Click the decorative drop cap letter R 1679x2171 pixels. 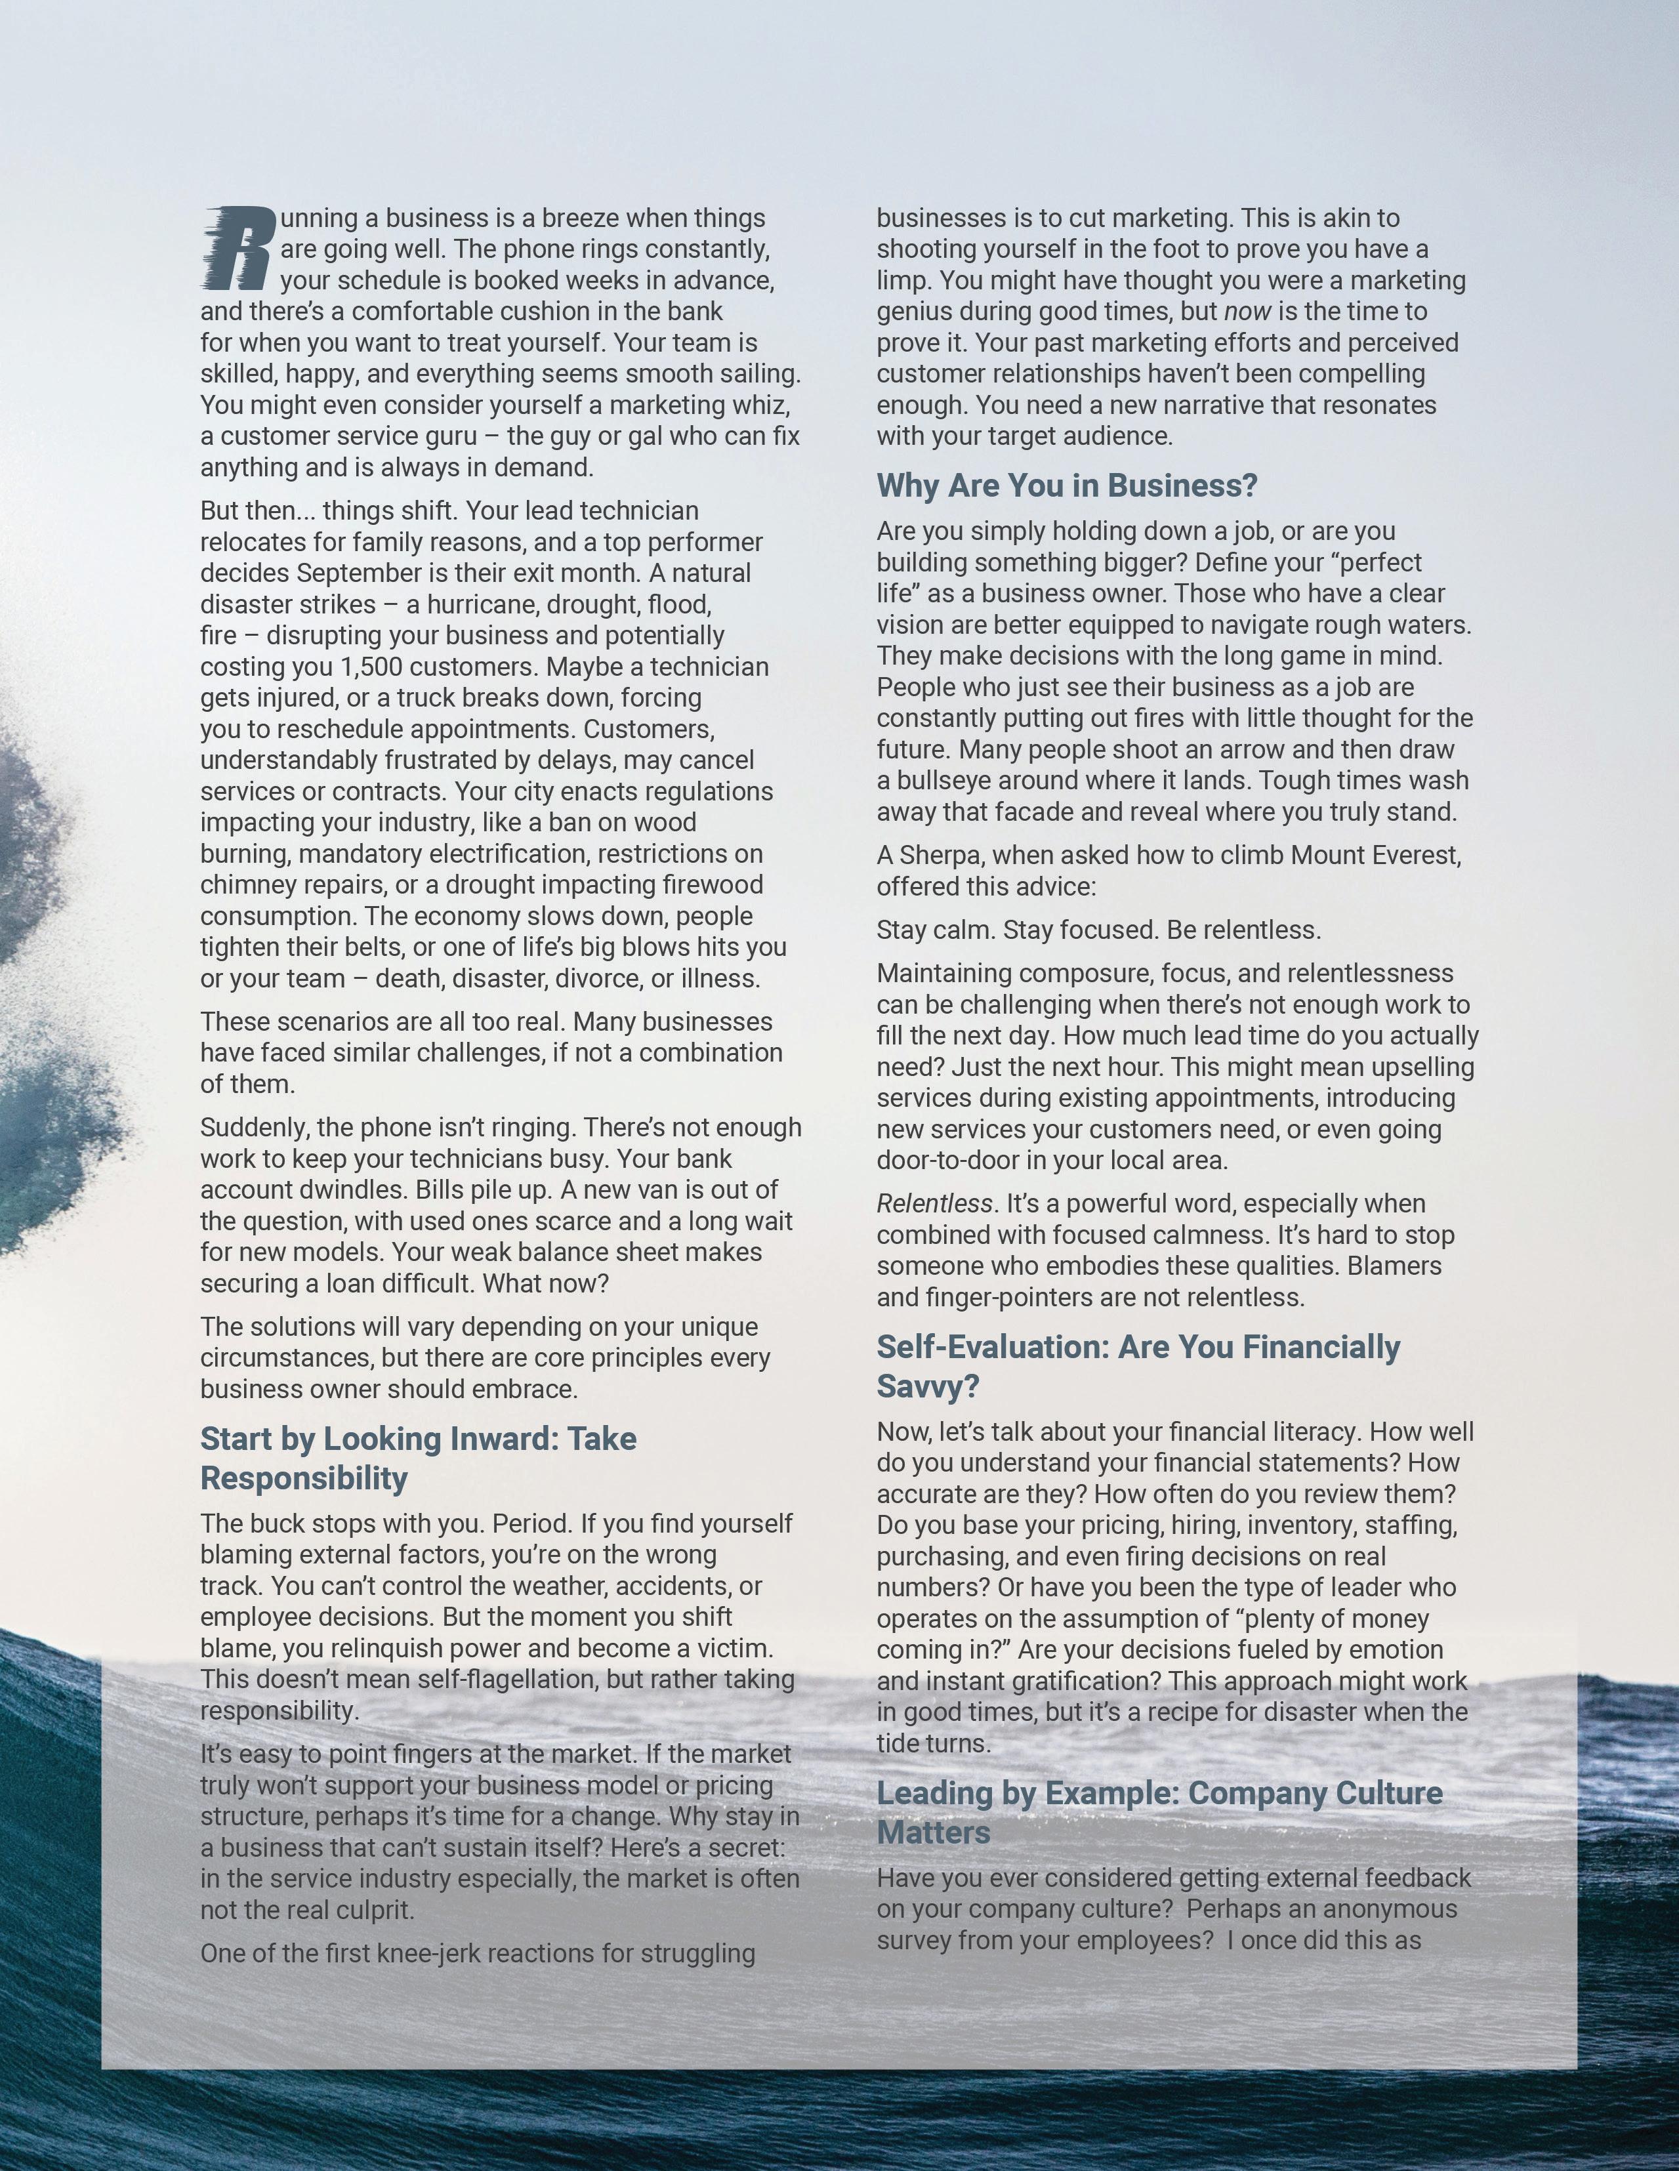237,247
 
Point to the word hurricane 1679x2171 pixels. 484,604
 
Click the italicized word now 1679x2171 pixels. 1247,311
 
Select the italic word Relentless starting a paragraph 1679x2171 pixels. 934,1204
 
